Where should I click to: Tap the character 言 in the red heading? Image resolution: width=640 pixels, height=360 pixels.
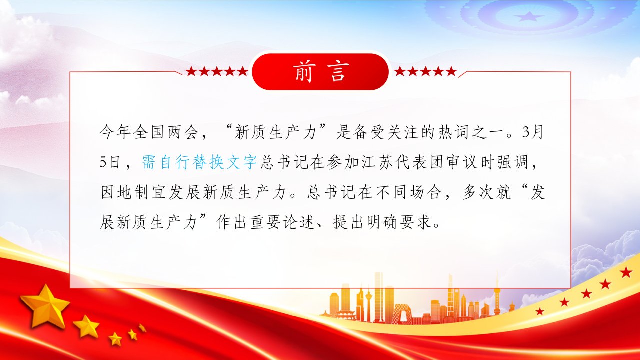338,72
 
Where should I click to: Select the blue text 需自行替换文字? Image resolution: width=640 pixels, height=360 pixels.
199,162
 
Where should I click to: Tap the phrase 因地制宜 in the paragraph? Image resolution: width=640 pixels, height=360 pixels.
133,192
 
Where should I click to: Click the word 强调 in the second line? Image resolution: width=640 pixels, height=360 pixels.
513,162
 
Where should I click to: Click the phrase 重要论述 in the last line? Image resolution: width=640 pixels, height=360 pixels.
283,222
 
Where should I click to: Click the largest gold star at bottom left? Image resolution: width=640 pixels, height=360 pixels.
45,305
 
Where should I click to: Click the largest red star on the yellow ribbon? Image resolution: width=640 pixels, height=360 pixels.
626,272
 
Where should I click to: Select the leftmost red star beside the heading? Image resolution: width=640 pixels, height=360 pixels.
191,71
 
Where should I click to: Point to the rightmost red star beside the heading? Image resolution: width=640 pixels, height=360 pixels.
451,71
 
